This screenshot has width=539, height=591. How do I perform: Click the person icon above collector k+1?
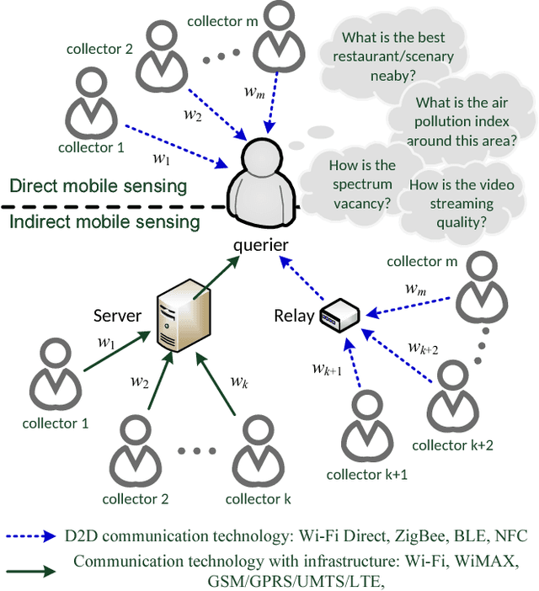click(366, 426)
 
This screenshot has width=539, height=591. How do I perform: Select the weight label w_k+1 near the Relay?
click(326, 368)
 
